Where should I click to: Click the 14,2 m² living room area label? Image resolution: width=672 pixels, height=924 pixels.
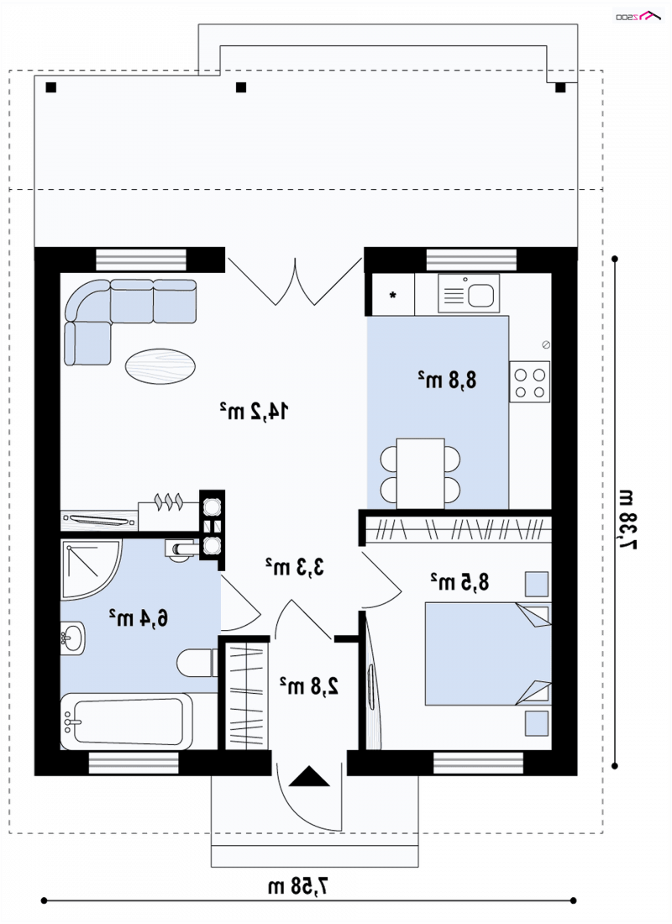pos(254,411)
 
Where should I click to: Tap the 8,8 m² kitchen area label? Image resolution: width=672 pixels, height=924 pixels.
pos(447,380)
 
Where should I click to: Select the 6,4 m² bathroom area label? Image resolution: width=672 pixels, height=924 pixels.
pos(139,617)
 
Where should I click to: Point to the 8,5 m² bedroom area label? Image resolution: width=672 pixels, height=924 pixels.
pos(459,581)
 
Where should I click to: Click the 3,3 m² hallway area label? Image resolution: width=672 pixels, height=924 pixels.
pos(295,566)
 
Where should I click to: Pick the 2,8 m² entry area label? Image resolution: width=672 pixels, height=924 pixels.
pos(309,686)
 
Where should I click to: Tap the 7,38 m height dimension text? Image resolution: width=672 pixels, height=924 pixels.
pos(627,519)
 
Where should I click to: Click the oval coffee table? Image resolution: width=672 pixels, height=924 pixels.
pos(160,366)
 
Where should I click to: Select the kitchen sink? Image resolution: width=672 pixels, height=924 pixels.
pos(469,293)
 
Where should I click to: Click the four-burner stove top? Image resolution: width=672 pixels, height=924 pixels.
pos(529,382)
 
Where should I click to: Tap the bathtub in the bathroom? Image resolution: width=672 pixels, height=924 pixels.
pos(127,722)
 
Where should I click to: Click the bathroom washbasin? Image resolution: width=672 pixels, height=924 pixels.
pos(73,637)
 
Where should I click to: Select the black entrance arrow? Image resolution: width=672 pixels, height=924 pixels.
pos(310,776)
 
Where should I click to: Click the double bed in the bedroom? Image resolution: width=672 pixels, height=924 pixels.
pos(488,654)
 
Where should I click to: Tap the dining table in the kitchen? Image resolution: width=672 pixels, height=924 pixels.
pos(420,474)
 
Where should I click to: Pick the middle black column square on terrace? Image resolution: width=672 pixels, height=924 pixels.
pos(240,88)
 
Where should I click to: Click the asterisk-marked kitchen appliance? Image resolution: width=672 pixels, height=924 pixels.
pos(391,295)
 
